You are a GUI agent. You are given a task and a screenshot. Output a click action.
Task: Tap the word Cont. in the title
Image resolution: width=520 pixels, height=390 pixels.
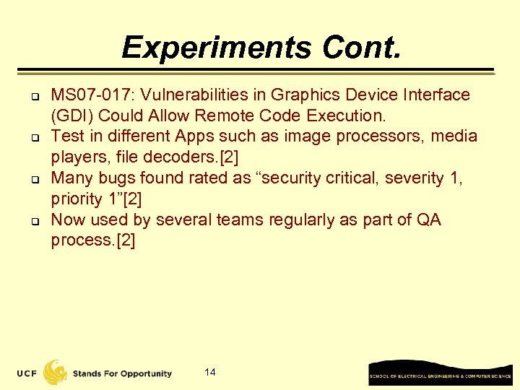point(360,48)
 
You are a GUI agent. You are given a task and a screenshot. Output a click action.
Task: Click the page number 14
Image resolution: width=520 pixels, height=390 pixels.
point(210,373)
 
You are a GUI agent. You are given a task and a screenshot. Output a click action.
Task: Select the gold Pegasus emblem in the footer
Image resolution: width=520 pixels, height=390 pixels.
point(56,372)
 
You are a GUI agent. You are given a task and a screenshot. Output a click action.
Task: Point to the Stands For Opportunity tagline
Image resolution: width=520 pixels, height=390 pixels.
point(122,373)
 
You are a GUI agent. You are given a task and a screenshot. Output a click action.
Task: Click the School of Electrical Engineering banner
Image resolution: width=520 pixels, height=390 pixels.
point(440,374)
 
